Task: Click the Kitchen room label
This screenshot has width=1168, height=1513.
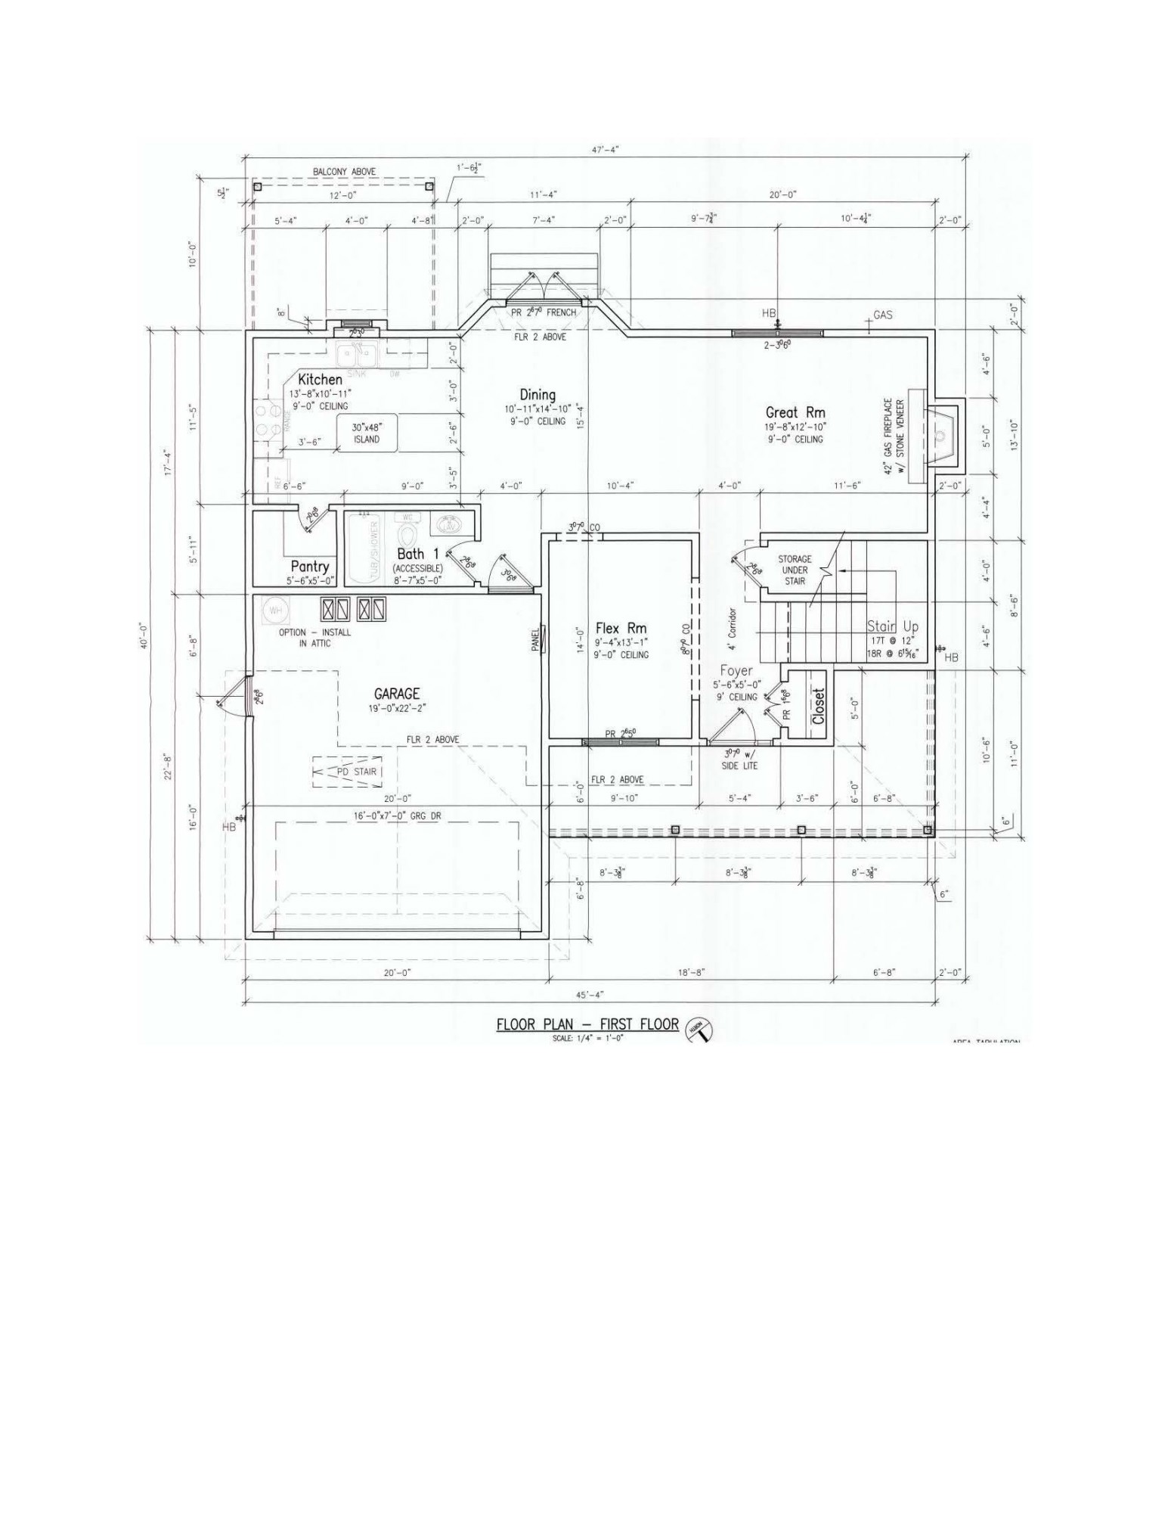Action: (x=320, y=379)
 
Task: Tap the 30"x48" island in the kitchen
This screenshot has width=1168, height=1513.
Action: (x=367, y=433)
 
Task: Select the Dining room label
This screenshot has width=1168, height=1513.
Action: (x=537, y=395)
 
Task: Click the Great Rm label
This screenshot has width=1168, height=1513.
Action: (x=795, y=412)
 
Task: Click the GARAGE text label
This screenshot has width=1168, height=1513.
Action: (x=396, y=694)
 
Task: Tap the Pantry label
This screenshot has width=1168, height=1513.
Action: (x=310, y=567)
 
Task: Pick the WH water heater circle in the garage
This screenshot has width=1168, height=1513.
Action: (x=272, y=610)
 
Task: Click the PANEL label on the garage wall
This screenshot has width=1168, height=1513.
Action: (x=536, y=640)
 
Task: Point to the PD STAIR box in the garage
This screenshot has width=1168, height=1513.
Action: (x=347, y=772)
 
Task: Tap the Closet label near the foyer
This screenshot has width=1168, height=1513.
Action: (x=818, y=705)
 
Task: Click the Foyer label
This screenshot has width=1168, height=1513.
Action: (x=736, y=671)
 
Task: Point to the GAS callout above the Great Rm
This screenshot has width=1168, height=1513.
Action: (x=882, y=315)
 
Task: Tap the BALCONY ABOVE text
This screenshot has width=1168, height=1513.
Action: (x=344, y=172)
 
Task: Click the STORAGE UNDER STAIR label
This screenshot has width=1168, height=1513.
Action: (x=795, y=570)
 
